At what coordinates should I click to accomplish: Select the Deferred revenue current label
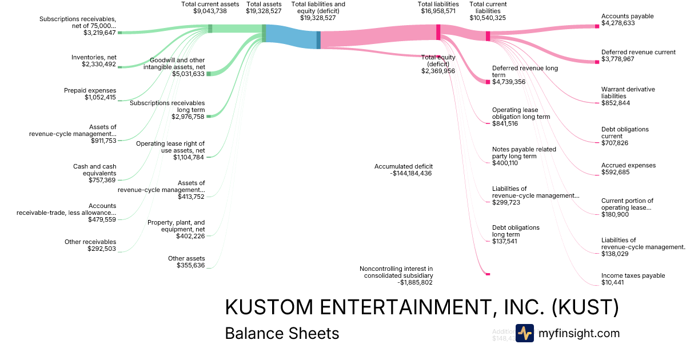pyautogui.click(x=638, y=52)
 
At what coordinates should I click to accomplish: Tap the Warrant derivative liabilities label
pyautogui.click(x=628, y=93)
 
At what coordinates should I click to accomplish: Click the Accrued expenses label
pyautogui.click(x=628, y=165)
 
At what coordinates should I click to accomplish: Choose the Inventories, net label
pyautogui.click(x=93, y=57)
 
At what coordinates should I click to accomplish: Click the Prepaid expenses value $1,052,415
pyautogui.click(x=100, y=98)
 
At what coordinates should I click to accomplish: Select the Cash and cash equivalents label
pyautogui.click(x=94, y=170)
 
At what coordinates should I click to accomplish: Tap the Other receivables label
pyautogui.click(x=90, y=242)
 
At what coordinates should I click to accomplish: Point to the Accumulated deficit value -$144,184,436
pyautogui.click(x=403, y=174)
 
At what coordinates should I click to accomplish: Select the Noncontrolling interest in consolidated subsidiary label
pyautogui.click(x=396, y=272)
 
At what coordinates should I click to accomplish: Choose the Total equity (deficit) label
pyautogui.click(x=438, y=61)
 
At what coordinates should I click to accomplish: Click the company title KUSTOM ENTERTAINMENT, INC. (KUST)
pyautogui.click(x=422, y=307)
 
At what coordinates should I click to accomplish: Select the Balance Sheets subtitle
pyautogui.click(x=282, y=334)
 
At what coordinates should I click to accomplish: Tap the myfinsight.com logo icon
pyautogui.click(x=524, y=333)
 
